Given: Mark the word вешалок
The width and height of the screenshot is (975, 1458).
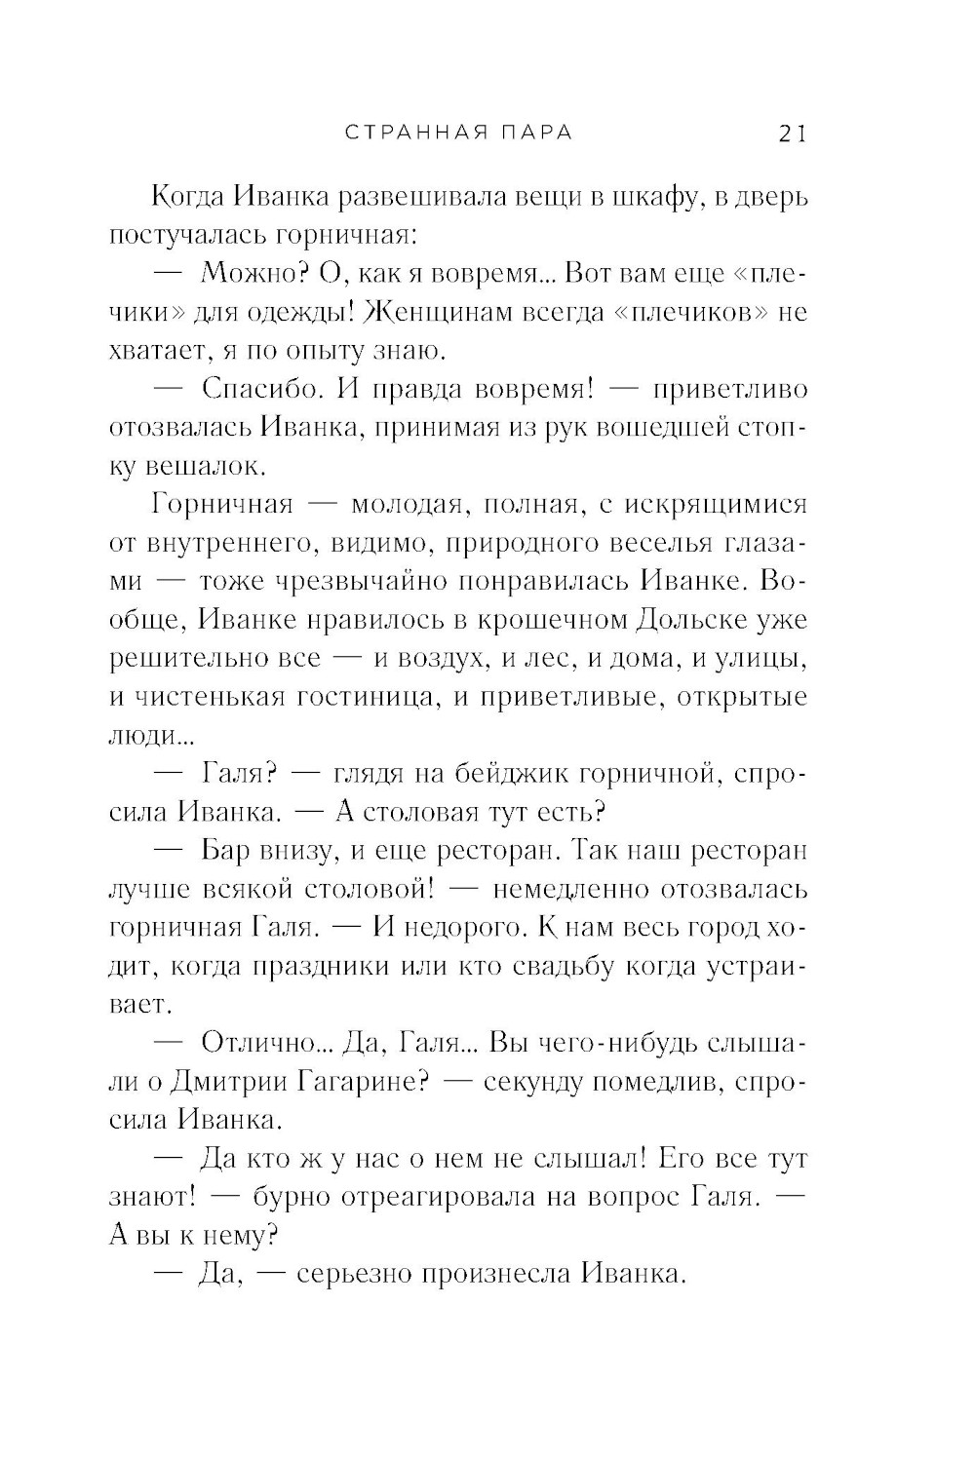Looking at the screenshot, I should pos(205,467).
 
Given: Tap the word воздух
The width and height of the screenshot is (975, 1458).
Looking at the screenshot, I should pos(445,659).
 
